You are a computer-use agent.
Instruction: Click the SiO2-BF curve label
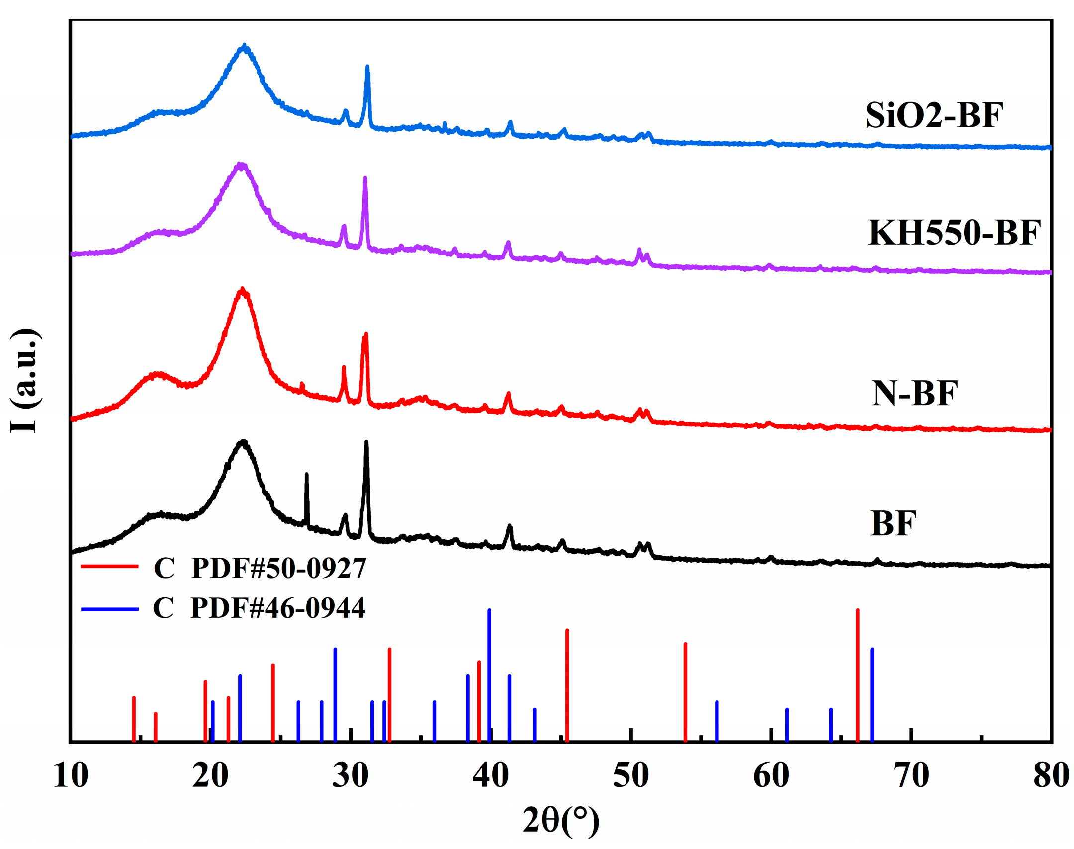(x=934, y=116)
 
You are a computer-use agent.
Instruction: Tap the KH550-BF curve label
(x=954, y=233)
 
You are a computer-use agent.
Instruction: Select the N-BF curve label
(x=914, y=394)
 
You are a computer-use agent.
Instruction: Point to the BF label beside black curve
(x=893, y=523)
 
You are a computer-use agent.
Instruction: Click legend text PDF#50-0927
(x=278, y=568)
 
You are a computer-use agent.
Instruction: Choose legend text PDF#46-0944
(x=277, y=608)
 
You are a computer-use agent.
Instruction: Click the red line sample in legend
(x=109, y=566)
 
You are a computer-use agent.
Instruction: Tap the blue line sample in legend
(x=109, y=609)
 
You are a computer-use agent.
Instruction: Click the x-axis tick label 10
(x=70, y=775)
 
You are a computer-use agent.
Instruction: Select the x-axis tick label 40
(x=490, y=775)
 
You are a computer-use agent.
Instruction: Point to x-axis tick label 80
(x=1051, y=775)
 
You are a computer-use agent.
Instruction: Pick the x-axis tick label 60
(x=771, y=775)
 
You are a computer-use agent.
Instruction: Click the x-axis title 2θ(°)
(x=561, y=820)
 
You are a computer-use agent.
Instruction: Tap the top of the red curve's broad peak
(x=242, y=290)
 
